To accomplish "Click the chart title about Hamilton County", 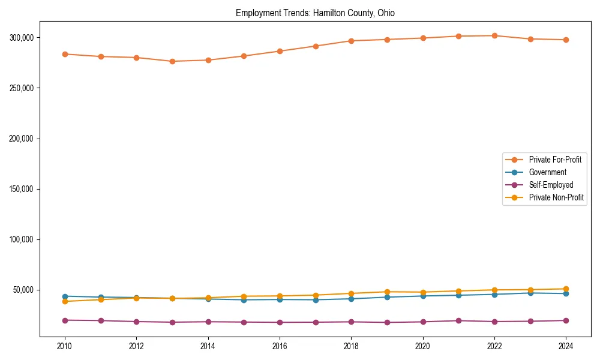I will pyautogui.click(x=315, y=13).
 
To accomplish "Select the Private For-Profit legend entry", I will pyautogui.click(x=554, y=160).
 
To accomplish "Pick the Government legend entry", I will pyautogui.click(x=547, y=172).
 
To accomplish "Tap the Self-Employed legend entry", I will pyautogui.click(x=551, y=185).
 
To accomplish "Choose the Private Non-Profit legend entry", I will pyautogui.click(x=556, y=197).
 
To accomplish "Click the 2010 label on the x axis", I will pyautogui.click(x=65, y=346).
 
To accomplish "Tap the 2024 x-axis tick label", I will pyautogui.click(x=566, y=346).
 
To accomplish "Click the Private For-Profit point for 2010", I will pyautogui.click(x=65, y=54).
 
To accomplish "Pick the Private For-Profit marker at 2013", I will pyautogui.click(x=172, y=61).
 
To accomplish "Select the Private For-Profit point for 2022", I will pyautogui.click(x=494, y=35).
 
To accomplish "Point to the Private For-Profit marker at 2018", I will pyautogui.click(x=351, y=41).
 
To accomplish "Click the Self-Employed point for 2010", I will pyautogui.click(x=65, y=320).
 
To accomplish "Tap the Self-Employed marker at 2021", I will pyautogui.click(x=458, y=320).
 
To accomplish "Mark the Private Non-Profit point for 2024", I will pyautogui.click(x=566, y=289).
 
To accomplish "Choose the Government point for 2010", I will pyautogui.click(x=65, y=296).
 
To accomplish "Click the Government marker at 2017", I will pyautogui.click(x=316, y=300).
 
